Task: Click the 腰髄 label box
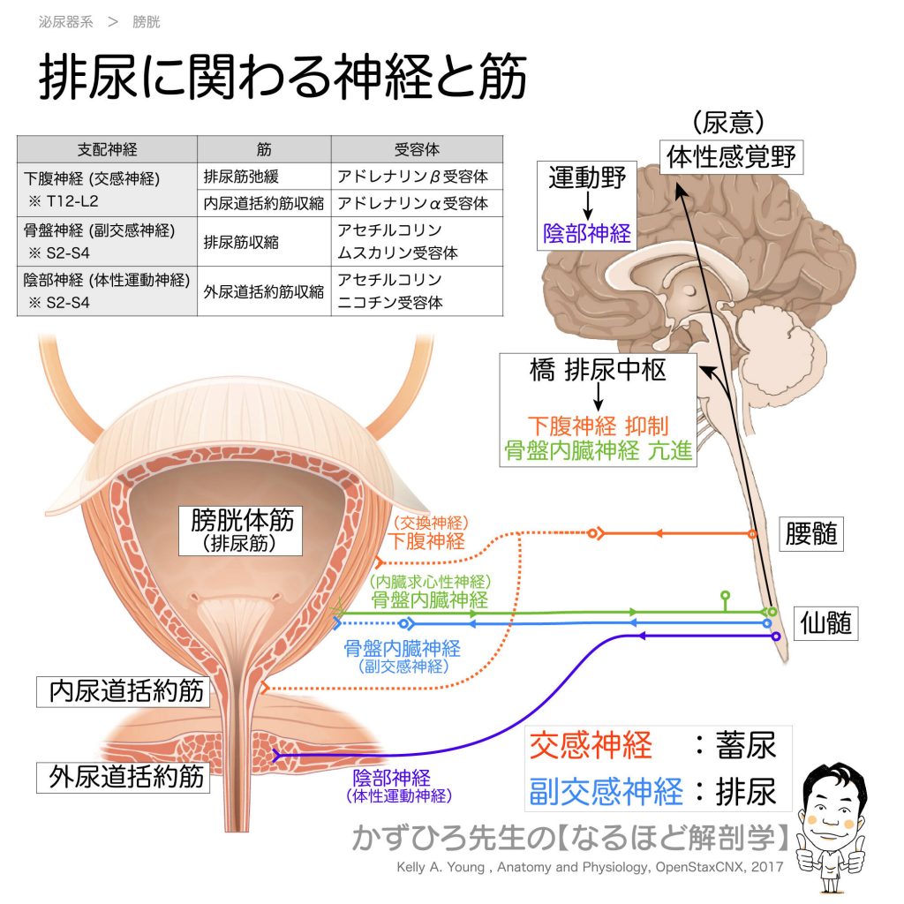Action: click(x=810, y=534)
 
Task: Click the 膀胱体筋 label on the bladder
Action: click(x=230, y=521)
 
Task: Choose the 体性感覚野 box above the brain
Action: click(x=732, y=157)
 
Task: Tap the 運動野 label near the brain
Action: click(x=587, y=177)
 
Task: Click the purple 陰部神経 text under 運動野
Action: click(x=587, y=233)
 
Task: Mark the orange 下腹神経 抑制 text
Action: click(x=598, y=424)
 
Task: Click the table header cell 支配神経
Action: click(x=108, y=149)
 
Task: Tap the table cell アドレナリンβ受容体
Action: click(x=412, y=177)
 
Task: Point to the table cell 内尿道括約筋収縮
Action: click(x=264, y=203)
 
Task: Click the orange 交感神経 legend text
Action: click(x=591, y=746)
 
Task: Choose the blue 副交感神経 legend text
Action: click(x=606, y=791)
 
